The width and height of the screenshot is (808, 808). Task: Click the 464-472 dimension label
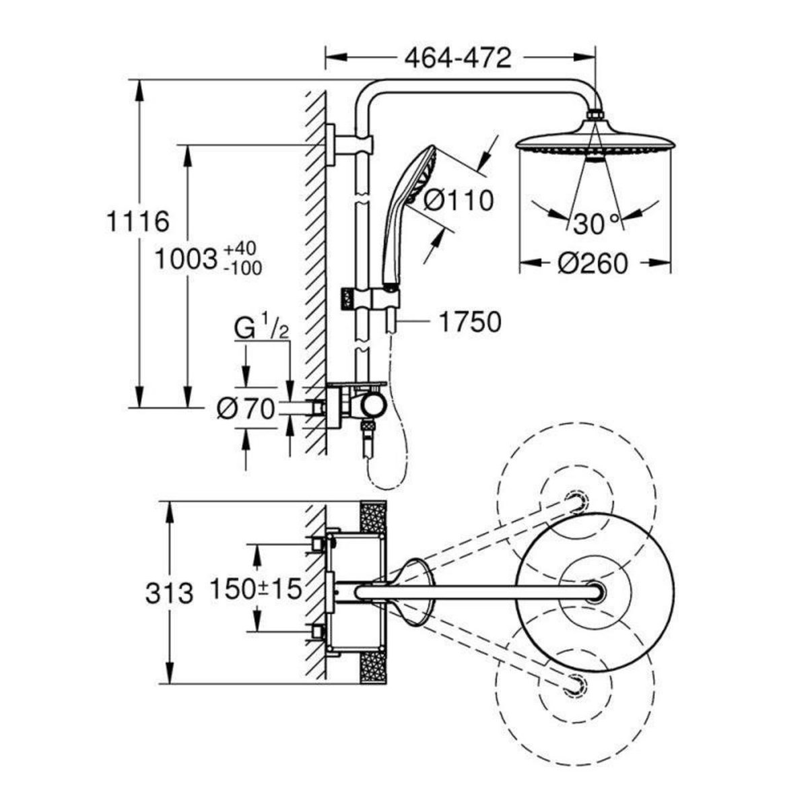459,59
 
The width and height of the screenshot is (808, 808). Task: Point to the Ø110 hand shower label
460,200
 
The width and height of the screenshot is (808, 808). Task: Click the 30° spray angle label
596,224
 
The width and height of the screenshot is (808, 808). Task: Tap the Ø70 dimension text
246,408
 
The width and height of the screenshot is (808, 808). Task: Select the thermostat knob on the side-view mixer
370,406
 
